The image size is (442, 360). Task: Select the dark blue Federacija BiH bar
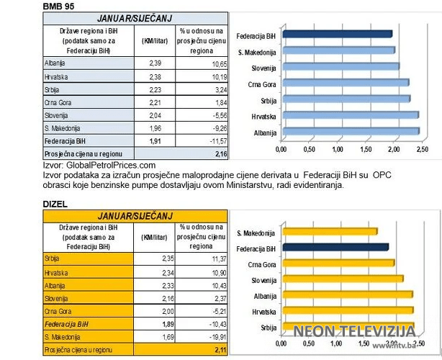(337, 34)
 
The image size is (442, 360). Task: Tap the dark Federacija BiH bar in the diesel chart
(335, 248)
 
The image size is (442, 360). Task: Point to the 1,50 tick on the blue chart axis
(366, 150)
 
